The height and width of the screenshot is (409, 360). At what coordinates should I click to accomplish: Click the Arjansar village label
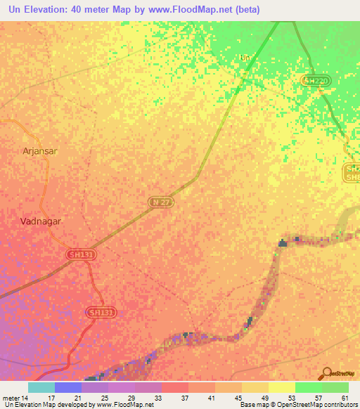tap(41, 150)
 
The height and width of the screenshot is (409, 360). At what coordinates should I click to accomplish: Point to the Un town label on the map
tap(245, 58)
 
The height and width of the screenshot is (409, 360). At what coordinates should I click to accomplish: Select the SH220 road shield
tap(316, 81)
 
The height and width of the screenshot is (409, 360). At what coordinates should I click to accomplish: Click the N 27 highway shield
tap(160, 202)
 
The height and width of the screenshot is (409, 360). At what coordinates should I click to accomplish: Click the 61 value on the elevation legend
tap(344, 398)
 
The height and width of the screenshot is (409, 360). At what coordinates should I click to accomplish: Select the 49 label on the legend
tap(263, 398)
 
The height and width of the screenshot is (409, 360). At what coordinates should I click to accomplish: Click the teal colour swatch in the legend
tap(41, 387)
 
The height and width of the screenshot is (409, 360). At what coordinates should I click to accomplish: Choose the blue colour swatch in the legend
tap(68, 387)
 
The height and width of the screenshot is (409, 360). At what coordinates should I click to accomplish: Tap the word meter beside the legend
tap(12, 398)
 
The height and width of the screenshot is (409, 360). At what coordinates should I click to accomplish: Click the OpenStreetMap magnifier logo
tap(327, 372)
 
